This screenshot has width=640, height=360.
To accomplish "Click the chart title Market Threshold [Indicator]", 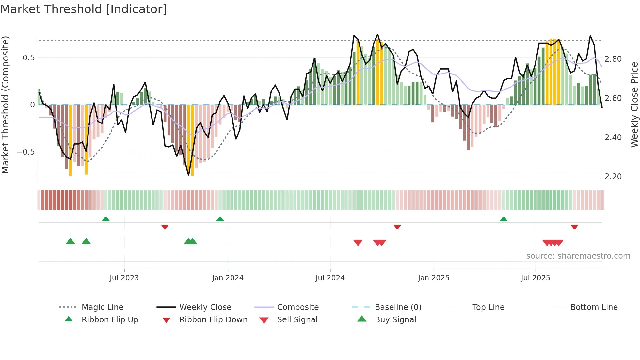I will click(84, 9).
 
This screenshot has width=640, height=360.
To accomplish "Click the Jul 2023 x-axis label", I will click(124, 278).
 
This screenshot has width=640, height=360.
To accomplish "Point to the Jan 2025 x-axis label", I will click(434, 278).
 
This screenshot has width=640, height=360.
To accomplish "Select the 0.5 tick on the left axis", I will click(28, 58).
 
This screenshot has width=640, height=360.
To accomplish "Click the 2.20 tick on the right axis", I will click(613, 177).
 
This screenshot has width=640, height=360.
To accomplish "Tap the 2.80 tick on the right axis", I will click(613, 59).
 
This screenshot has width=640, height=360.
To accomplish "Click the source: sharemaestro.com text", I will click(578, 256).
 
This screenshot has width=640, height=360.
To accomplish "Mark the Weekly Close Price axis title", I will click(634, 105).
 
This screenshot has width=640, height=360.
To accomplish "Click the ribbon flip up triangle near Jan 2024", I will click(220, 219).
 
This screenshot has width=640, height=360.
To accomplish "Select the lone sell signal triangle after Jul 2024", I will click(358, 243).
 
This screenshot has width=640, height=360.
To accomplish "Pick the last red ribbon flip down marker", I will click(574, 227).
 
